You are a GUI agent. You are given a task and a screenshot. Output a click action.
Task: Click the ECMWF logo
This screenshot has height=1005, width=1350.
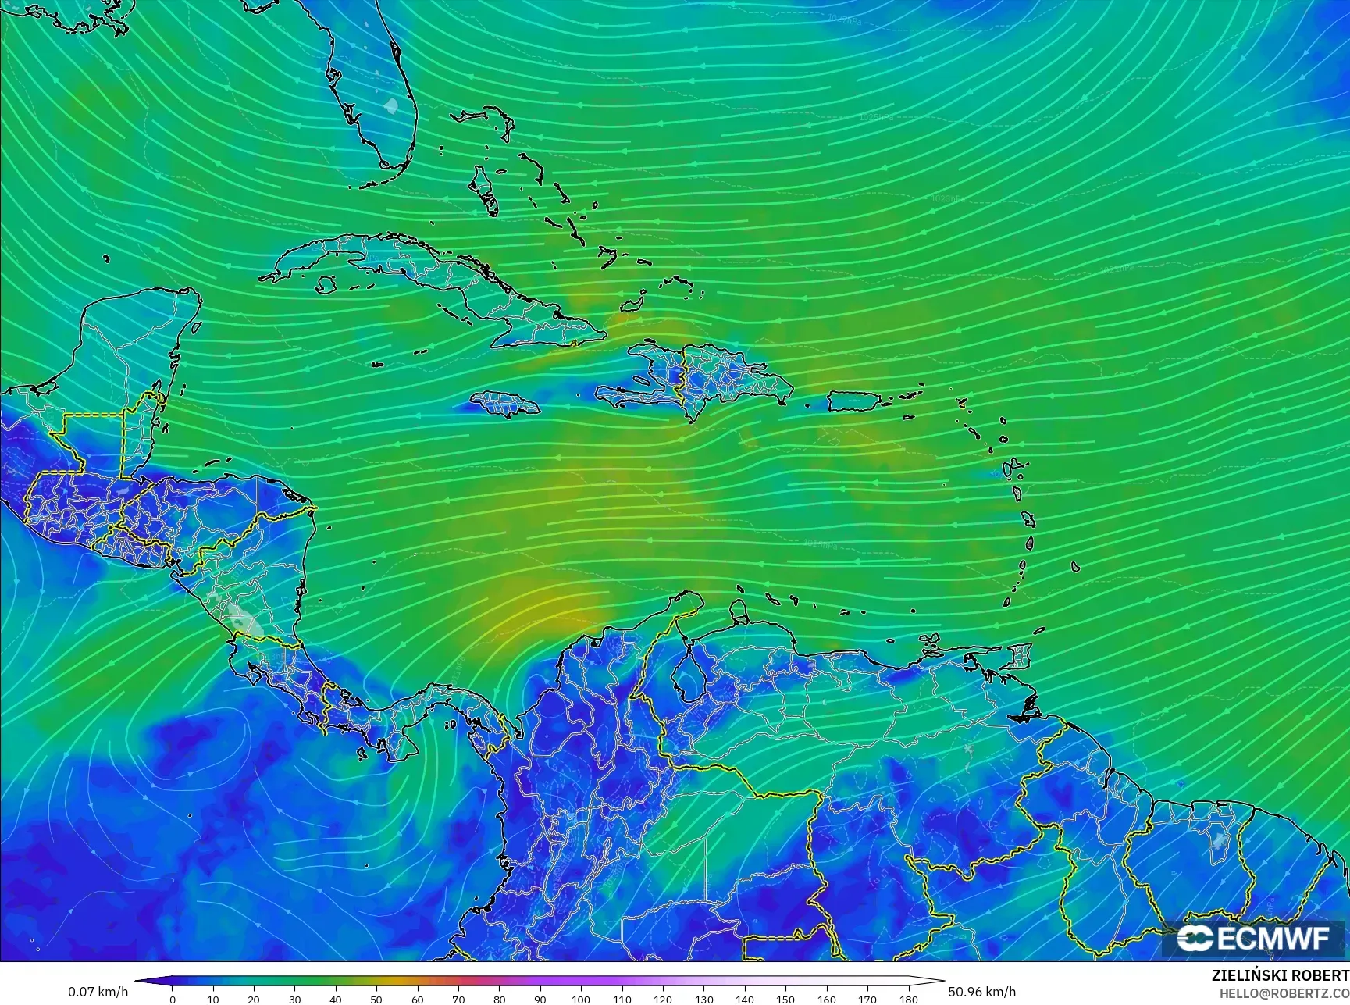(x=1252, y=938)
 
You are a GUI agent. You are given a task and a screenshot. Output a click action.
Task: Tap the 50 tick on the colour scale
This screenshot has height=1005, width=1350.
(x=376, y=999)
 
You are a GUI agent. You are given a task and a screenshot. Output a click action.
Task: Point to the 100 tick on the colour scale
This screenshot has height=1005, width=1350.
(x=580, y=999)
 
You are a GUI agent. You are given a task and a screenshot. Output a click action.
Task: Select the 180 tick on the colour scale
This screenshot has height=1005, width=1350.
(x=908, y=999)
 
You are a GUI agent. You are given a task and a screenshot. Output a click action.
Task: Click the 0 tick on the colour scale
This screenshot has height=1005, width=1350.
(x=173, y=999)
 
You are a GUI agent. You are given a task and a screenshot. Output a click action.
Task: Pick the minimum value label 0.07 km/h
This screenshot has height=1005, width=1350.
(x=98, y=992)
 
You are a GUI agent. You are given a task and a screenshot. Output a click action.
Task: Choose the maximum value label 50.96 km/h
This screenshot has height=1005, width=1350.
(x=982, y=992)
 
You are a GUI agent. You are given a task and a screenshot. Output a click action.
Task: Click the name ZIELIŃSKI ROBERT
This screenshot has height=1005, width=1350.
(x=1280, y=976)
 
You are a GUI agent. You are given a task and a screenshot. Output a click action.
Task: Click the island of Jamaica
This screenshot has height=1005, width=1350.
(x=504, y=404)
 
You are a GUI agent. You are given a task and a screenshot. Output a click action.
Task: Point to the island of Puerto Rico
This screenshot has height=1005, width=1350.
(x=854, y=401)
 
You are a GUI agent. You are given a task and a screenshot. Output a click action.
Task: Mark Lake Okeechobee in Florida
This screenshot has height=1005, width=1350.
(x=391, y=104)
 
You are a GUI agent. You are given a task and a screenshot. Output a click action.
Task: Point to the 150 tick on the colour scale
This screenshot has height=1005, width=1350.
(x=785, y=999)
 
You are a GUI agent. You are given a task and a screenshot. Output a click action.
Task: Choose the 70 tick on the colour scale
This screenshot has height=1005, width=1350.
(x=458, y=999)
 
